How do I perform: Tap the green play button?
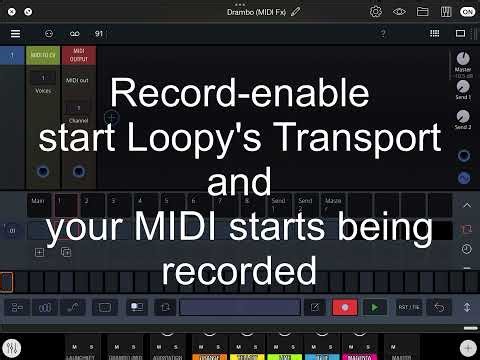coord(375,307)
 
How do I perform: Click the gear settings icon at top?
coord(376,11)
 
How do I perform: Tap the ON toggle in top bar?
coord(467,11)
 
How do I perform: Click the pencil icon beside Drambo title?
coord(296,11)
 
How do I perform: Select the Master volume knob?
coord(463,61)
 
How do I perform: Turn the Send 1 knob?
coord(463,90)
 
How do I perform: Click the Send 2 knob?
coord(463,115)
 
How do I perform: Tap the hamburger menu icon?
coord(15,33)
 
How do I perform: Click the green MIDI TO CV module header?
coord(43,54)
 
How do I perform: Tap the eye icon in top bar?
coord(399,11)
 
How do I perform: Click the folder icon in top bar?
coord(422,11)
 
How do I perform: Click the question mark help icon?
coord(383,33)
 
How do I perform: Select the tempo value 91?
coord(99,33)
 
